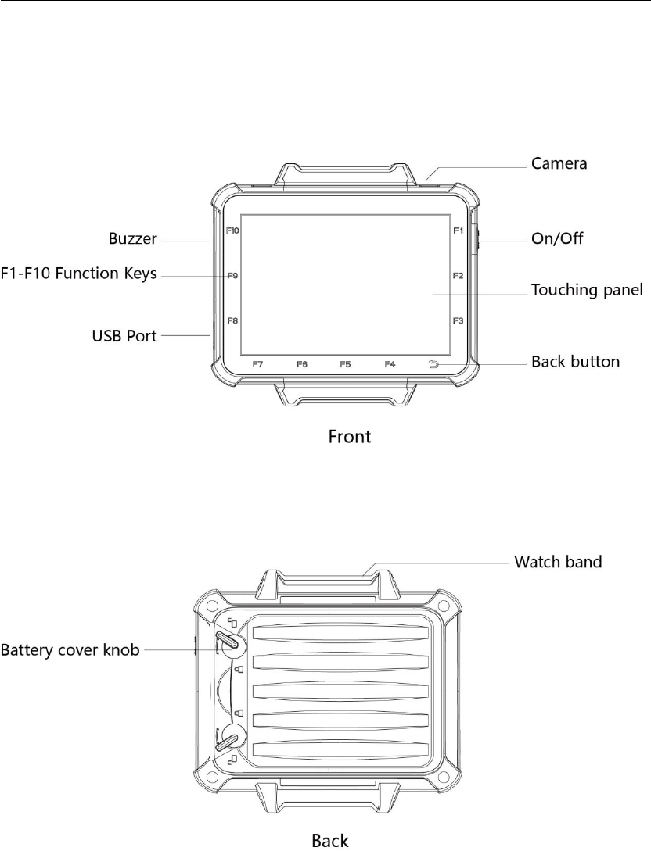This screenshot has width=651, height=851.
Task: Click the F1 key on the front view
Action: point(459,231)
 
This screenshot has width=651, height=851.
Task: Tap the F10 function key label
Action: point(232,231)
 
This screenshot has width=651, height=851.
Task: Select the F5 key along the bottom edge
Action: point(346,364)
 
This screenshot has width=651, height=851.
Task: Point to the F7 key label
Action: point(258,364)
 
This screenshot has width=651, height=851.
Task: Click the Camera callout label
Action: point(559,164)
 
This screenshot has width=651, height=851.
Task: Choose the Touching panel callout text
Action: point(587,290)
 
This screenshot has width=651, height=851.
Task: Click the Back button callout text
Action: point(575,362)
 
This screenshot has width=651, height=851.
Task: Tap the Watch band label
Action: point(557,562)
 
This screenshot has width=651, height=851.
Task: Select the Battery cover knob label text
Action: point(70,649)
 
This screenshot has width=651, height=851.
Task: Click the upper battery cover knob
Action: point(228,640)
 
